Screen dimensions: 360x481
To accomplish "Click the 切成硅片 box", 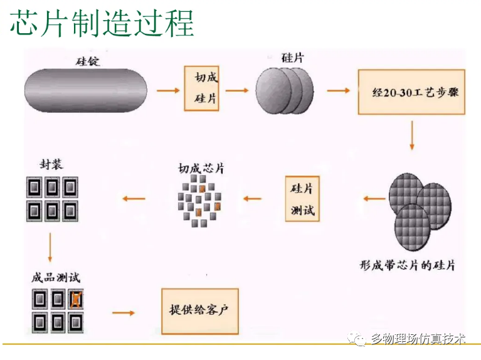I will pos(201,88).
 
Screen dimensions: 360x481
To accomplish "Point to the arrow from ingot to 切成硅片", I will pos(167,90).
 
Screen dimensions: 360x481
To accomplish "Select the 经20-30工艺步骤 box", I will pos(411,92).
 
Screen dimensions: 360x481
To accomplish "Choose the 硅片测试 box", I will pos(302,199).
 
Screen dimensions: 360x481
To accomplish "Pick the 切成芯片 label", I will pos(200,168).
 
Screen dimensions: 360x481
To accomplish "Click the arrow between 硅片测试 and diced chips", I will pos(252,199).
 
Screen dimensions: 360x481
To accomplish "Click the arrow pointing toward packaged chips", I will pos(134,199).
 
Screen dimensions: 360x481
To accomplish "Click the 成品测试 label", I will pos(56,277).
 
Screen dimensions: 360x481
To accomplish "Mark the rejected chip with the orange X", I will pos(76,300).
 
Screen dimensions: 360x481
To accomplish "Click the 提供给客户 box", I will pos(200,310).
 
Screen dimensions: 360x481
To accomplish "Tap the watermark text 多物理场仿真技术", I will pos(418,339).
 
